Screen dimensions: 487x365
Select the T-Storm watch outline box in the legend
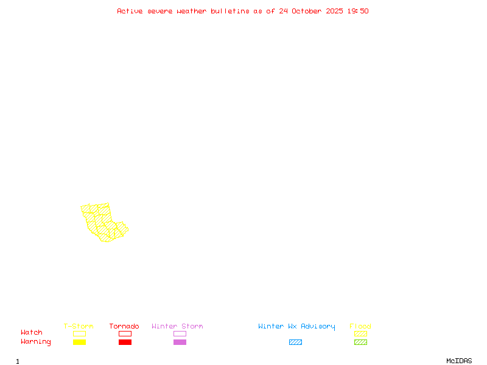tap(79, 333)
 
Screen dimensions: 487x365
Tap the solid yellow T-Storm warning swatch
tap(79, 342)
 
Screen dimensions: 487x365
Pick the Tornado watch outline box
tap(125, 333)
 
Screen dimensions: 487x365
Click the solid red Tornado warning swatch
tap(125, 342)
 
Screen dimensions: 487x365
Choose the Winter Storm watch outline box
tap(180, 333)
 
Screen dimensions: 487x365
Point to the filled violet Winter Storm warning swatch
tap(180, 342)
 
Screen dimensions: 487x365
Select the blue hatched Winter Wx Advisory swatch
tap(295, 342)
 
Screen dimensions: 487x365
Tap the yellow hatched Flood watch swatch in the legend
tap(360, 333)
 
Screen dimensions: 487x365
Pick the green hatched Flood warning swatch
tap(360, 342)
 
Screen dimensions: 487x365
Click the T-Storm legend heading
tap(79, 326)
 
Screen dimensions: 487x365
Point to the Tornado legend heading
tap(124, 326)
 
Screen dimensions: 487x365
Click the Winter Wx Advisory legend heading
tap(296, 326)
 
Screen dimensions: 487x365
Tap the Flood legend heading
tap(360, 326)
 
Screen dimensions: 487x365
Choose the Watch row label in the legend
tap(32, 333)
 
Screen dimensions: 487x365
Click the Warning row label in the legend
tap(36, 342)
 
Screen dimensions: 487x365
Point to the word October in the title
tap(310, 11)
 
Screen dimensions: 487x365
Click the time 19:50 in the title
tap(358, 11)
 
